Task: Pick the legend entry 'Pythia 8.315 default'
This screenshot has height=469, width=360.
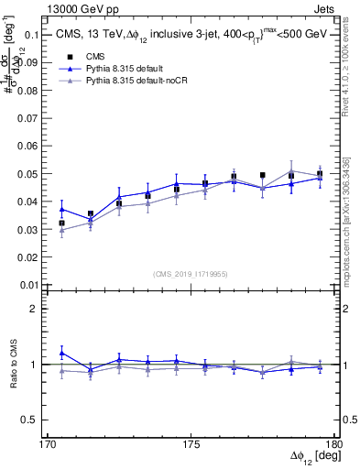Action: (126, 69)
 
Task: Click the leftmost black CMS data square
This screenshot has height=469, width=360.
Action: (61, 223)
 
